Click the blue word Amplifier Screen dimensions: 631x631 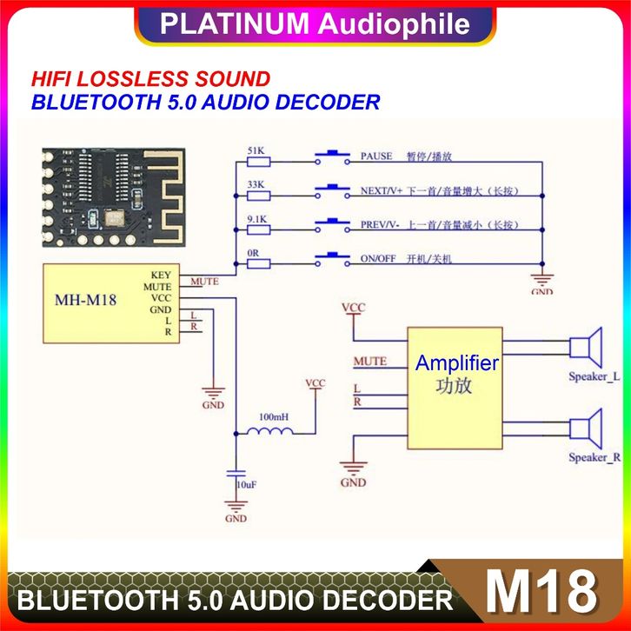456,363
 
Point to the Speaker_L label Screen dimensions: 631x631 594,376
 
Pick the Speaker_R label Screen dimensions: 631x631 594,457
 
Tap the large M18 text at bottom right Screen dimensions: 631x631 541,593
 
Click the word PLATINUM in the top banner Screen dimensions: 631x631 233,23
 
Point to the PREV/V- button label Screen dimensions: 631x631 380,225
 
